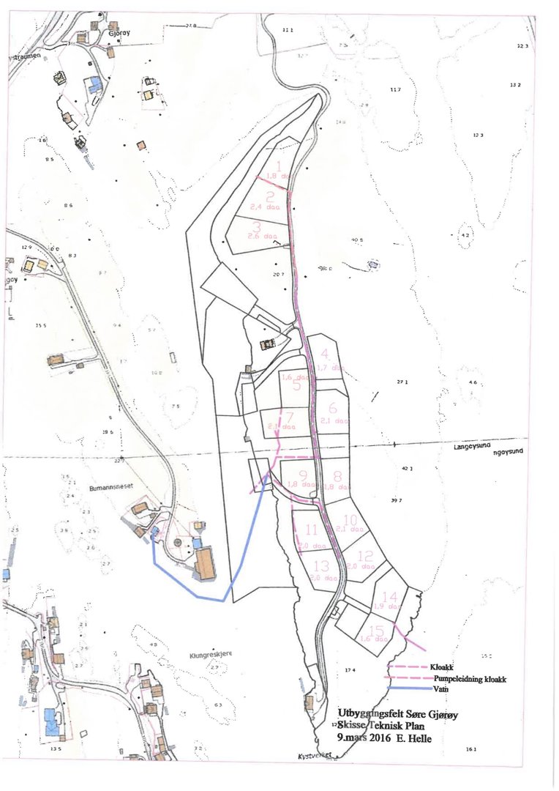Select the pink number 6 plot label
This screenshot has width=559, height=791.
(332, 409)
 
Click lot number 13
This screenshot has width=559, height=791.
(320, 565)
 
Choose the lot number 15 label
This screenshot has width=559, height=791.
(378, 630)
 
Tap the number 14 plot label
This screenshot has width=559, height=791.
(389, 596)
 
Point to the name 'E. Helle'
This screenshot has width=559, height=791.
(415, 739)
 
